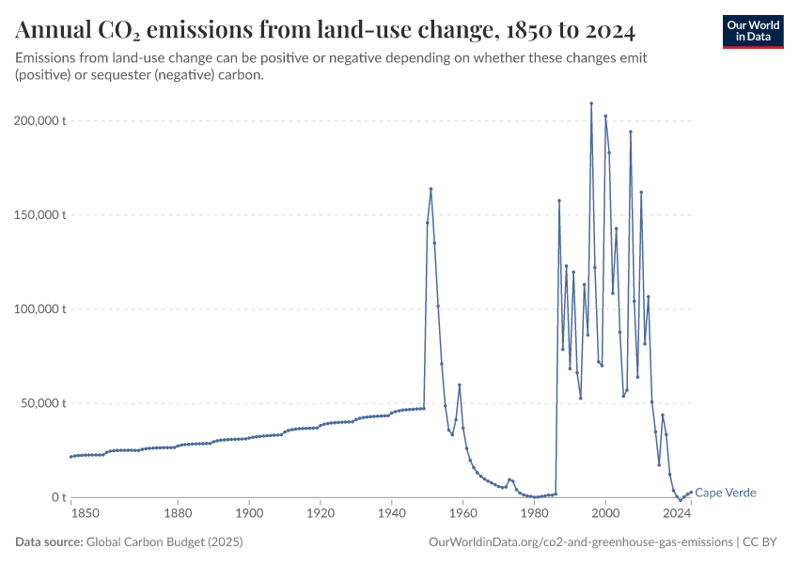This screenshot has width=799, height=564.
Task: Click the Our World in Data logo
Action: pyautogui.click(x=752, y=31)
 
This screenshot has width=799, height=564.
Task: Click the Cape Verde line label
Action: pyautogui.click(x=725, y=493)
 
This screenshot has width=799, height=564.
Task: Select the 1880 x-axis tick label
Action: pyautogui.click(x=178, y=514)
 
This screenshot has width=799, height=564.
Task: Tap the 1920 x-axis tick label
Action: pyautogui.click(x=321, y=514)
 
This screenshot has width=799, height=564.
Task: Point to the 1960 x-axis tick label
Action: pyautogui.click(x=462, y=514)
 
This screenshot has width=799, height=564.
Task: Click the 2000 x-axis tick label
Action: pyautogui.click(x=605, y=514)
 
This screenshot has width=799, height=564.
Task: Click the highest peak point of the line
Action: pyautogui.click(x=591, y=103)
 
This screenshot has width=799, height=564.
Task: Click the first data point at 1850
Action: pyautogui.click(x=70, y=457)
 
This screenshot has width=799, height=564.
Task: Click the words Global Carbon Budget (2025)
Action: pyautogui.click(x=164, y=542)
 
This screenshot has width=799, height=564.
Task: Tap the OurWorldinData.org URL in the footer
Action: pyautogui.click(x=580, y=542)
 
